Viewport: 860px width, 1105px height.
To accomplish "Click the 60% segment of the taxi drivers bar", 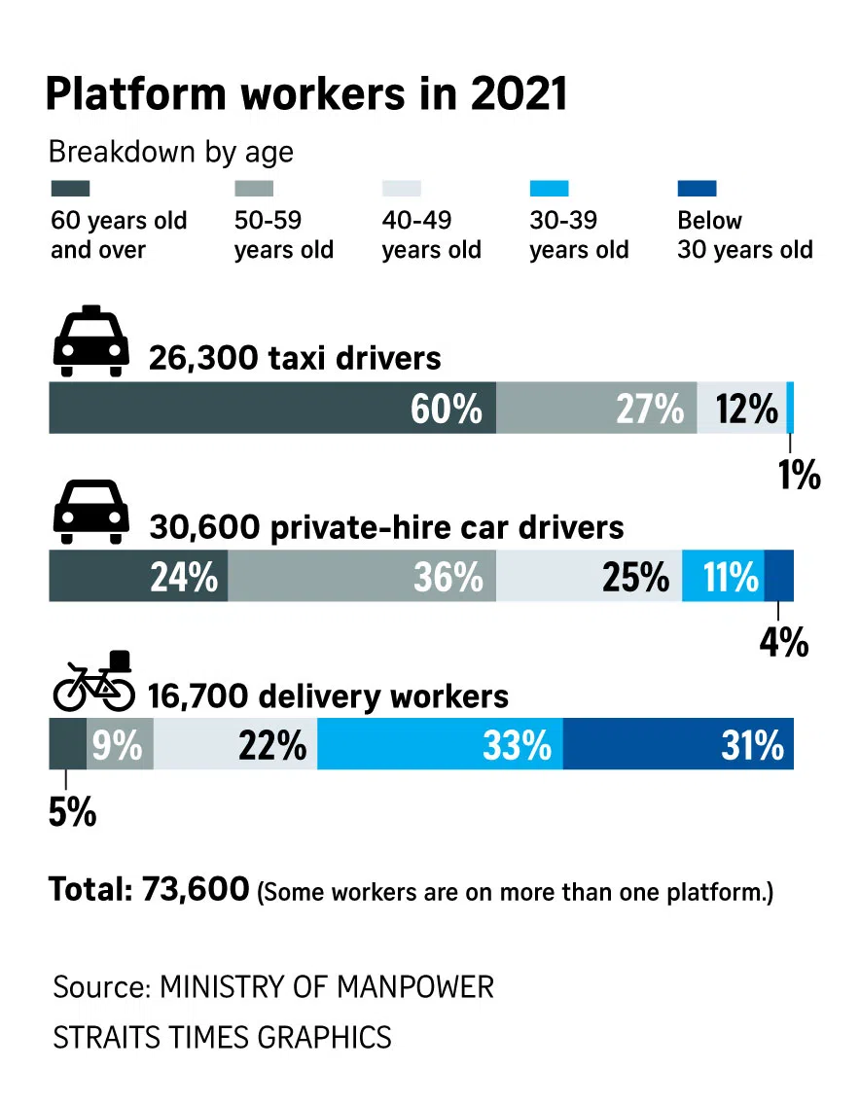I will point(272,409).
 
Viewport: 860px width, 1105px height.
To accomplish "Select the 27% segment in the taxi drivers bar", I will point(596,409).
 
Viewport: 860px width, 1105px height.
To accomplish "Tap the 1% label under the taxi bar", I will point(800,476).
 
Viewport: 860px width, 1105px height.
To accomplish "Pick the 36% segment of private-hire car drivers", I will point(362,577).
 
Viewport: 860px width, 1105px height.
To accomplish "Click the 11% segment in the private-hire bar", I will point(723,577).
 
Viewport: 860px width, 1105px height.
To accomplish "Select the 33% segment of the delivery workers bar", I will point(440,745).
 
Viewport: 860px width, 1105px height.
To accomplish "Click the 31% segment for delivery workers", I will point(678,745).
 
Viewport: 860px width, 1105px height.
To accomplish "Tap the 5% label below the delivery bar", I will point(72,811).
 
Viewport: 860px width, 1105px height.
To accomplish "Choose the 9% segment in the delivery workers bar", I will point(120,745).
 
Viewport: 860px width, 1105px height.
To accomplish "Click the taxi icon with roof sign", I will point(90,343).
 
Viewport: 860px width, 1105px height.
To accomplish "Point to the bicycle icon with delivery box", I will point(94,682).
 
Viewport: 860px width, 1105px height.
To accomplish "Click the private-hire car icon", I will point(90,512).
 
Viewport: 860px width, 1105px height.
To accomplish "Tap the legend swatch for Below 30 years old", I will point(697,188).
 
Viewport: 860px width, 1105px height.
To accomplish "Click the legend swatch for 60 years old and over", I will point(70,188).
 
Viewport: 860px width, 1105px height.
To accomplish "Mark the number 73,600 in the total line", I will point(195,889).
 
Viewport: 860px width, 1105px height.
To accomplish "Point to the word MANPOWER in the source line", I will point(415,987).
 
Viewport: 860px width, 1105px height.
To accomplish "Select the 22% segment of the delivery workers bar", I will point(235,745).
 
